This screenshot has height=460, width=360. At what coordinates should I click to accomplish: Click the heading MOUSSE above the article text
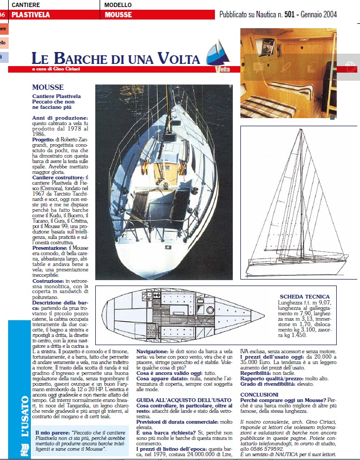(x=48, y=87)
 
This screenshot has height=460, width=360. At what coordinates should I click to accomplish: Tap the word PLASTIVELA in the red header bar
(x=30, y=15)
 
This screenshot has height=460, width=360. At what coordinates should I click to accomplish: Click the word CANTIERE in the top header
(x=26, y=5)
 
